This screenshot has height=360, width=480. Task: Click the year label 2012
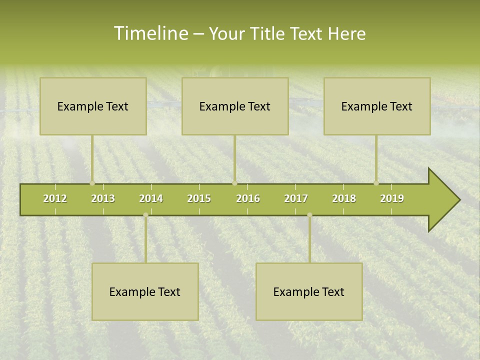(55, 198)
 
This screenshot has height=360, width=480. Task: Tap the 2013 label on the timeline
(103, 198)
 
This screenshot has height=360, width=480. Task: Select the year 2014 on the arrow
(151, 198)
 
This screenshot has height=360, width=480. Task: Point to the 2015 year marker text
(199, 198)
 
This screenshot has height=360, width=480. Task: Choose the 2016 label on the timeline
(248, 198)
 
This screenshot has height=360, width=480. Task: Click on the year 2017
(296, 198)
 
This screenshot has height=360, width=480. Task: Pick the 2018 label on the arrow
(344, 198)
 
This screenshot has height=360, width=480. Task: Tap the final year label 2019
(392, 198)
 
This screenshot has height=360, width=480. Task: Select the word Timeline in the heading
(150, 33)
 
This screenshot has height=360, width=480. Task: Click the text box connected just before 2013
(93, 106)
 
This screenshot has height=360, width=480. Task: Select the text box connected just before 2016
(235, 106)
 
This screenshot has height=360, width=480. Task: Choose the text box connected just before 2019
(377, 106)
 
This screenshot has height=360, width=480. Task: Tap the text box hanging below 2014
(145, 291)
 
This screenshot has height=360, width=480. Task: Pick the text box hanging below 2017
(309, 291)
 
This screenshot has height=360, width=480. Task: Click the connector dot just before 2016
(234, 183)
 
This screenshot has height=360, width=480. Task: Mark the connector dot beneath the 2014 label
(145, 215)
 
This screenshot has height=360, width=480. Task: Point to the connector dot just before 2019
(376, 183)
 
